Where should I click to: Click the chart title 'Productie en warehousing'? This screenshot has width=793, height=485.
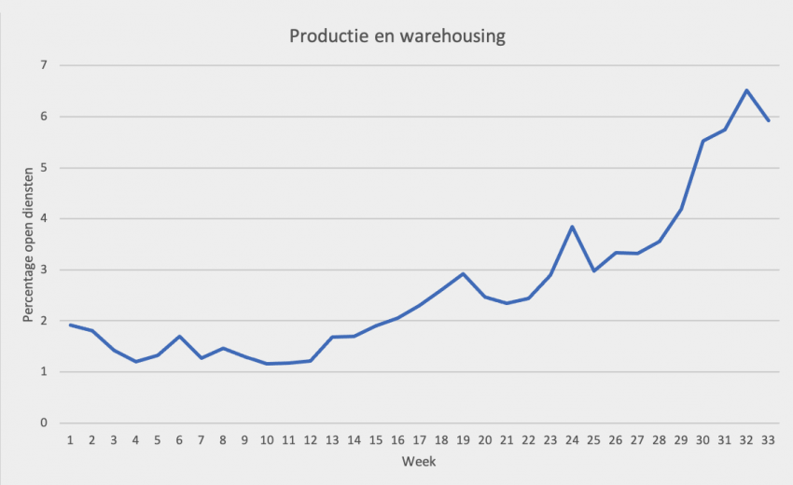(397, 37)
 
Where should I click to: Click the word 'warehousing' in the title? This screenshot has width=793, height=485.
(452, 37)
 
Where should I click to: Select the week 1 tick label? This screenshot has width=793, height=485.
(70, 439)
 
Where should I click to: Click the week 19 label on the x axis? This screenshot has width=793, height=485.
(463, 439)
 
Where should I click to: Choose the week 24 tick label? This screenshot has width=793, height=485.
(572, 439)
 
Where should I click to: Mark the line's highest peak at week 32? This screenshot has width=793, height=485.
(746, 90)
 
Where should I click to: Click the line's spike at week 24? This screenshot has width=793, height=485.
(572, 227)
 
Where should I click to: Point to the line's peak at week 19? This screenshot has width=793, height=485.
(463, 273)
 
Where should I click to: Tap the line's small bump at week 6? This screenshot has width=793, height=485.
(179, 336)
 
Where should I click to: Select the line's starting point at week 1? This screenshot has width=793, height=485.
(70, 325)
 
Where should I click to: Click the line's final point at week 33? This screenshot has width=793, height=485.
(768, 120)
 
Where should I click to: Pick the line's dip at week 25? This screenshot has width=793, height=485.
(593, 270)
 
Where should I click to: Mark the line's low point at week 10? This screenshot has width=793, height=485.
(267, 364)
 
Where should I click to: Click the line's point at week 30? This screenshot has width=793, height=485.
(703, 141)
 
